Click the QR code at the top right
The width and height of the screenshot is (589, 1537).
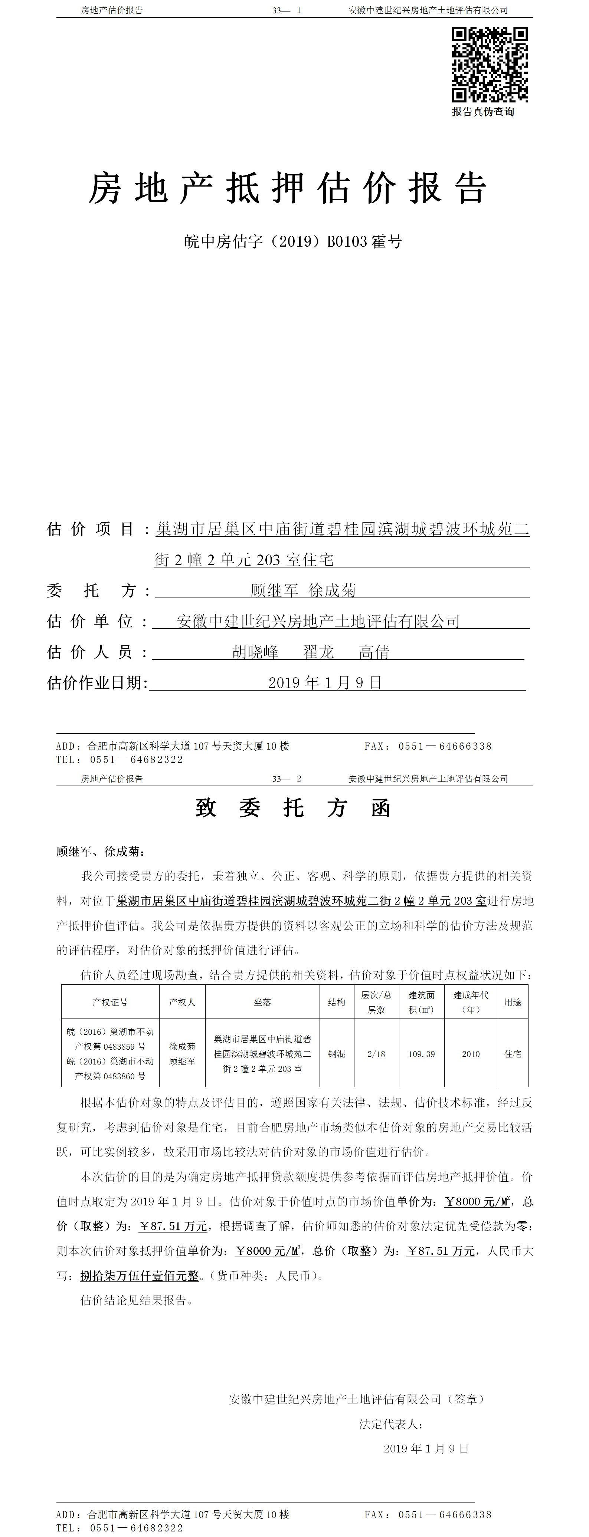pyautogui.click(x=489, y=65)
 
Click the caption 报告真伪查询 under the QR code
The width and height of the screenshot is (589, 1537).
pyautogui.click(x=483, y=112)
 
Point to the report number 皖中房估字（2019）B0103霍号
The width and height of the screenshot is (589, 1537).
pyautogui.click(x=293, y=242)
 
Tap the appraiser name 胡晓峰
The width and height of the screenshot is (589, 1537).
pyautogui.click(x=255, y=652)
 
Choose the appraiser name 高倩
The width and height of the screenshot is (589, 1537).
pyautogui.click(x=374, y=652)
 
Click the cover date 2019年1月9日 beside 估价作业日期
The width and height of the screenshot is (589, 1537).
pyautogui.click(x=325, y=682)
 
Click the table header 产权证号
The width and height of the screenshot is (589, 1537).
pyautogui.click(x=110, y=1003)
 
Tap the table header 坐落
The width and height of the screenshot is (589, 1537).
pyautogui.click(x=262, y=1003)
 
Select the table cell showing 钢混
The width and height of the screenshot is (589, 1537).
pyautogui.click(x=337, y=1054)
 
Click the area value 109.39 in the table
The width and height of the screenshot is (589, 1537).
pyautogui.click(x=421, y=1054)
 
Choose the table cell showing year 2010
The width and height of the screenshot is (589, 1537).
pyautogui.click(x=471, y=1054)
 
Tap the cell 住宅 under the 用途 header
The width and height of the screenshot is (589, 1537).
pyautogui.click(x=513, y=1054)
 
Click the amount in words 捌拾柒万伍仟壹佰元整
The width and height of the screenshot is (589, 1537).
pyautogui.click(x=140, y=1276)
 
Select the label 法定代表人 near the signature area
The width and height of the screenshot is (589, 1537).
pyautogui.click(x=391, y=1424)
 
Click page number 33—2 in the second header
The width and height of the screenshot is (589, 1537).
pyautogui.click(x=287, y=779)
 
